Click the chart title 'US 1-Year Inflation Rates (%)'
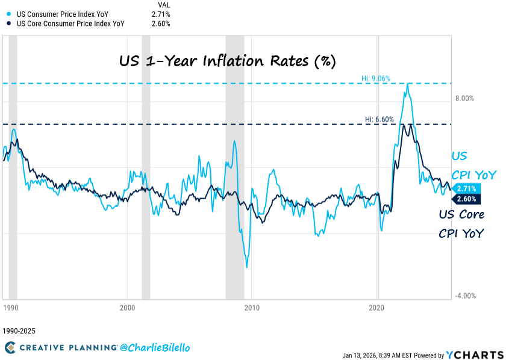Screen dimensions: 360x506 pyautogui.click(x=226, y=61)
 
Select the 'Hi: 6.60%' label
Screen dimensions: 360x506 pyautogui.click(x=379, y=119)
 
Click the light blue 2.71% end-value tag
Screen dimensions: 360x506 pyautogui.click(x=466, y=188)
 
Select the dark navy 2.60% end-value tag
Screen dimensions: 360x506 pyautogui.click(x=466, y=199)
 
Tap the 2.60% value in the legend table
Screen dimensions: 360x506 pyautogui.click(x=161, y=23)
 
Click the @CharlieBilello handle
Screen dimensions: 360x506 pyautogui.click(x=150, y=347)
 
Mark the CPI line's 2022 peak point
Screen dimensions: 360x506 pyautogui.click(x=408, y=84)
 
